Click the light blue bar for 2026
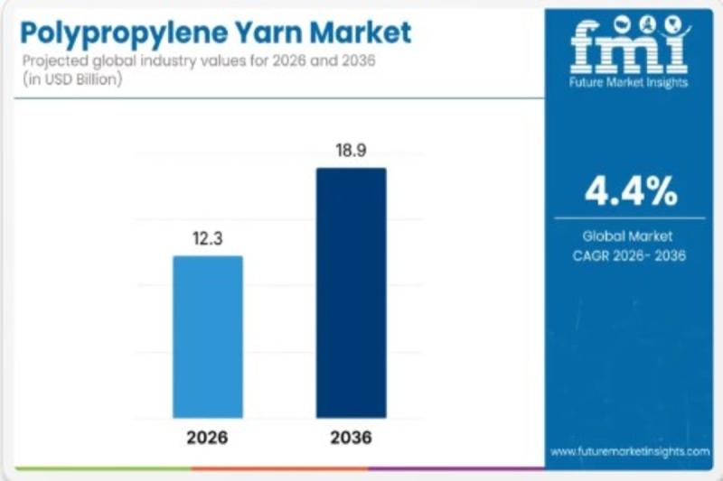[x=208, y=336]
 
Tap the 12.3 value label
[x=208, y=239]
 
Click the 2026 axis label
[x=208, y=439]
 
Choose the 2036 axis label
[x=351, y=439]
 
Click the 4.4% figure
[x=630, y=190]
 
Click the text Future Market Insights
[x=630, y=82]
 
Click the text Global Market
[x=630, y=236]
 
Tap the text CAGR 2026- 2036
[x=630, y=255]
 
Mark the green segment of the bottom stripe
[x=99, y=468]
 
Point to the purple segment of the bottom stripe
[x=452, y=468]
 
